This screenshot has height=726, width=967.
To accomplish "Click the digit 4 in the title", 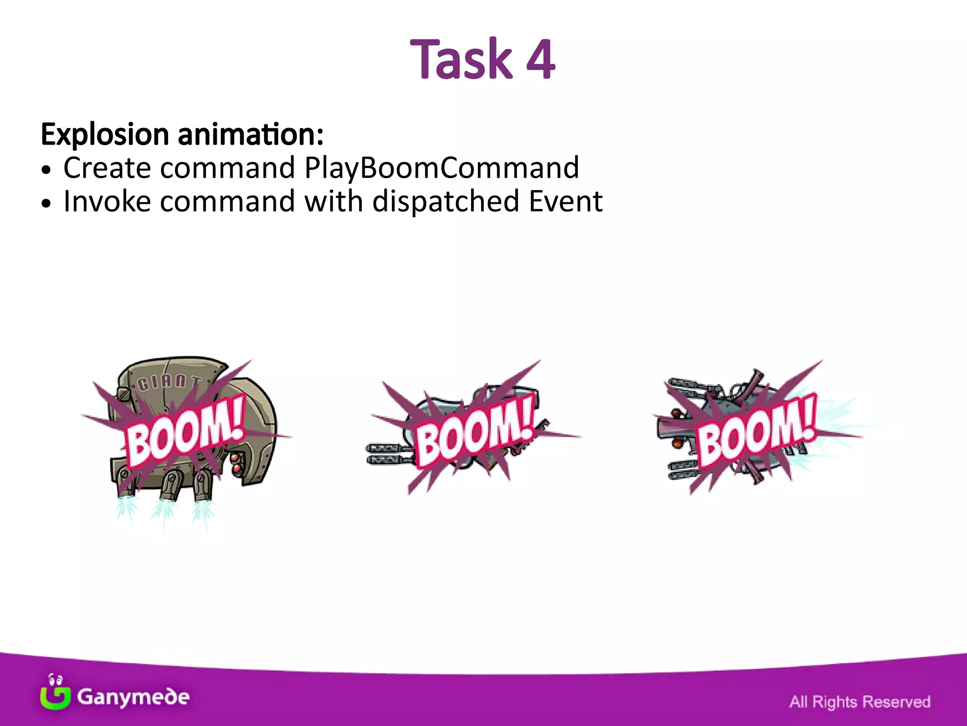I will pyautogui.click(x=540, y=60).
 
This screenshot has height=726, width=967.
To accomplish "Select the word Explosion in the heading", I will pyautogui.click(x=105, y=135).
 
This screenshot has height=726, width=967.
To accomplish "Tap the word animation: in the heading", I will pyautogui.click(x=251, y=135).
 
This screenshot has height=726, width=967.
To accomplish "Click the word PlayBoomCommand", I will pyautogui.click(x=441, y=168).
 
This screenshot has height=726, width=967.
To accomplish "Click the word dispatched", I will pyautogui.click(x=446, y=201).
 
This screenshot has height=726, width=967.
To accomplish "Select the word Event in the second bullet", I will pyautogui.click(x=565, y=201).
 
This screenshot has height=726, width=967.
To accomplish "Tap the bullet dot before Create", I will pyautogui.click(x=45, y=170).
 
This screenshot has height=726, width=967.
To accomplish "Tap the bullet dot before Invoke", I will pyautogui.click(x=45, y=204).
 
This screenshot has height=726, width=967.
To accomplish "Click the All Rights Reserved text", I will pyautogui.click(x=859, y=701).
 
